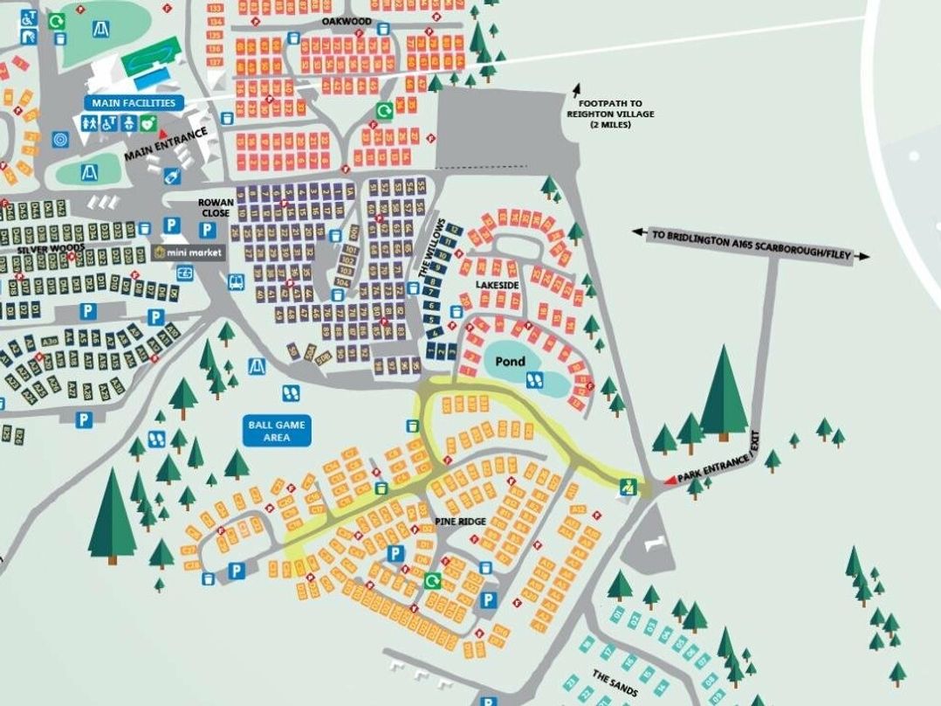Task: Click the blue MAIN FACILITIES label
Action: (x=134, y=103)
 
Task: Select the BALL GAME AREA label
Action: (x=277, y=431)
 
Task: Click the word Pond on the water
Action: (x=511, y=361)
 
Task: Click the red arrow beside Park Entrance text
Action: (x=670, y=480)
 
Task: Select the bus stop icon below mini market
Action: (x=236, y=282)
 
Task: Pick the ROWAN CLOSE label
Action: (x=215, y=207)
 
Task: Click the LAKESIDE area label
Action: (x=498, y=286)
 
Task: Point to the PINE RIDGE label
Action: (x=460, y=521)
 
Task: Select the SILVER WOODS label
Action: (x=51, y=248)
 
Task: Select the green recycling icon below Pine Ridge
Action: (x=431, y=580)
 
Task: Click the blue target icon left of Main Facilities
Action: (x=60, y=139)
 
